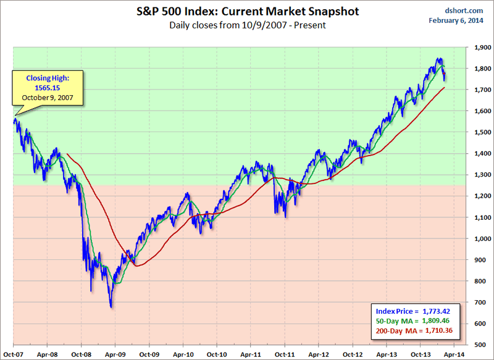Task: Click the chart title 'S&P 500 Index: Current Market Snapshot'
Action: pyautogui.click(x=247, y=12)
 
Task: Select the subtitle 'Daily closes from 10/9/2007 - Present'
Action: pyautogui.click(x=247, y=25)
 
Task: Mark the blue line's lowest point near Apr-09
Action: pyautogui.click(x=111, y=307)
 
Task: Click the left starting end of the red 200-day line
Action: pyautogui.click(x=66, y=154)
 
